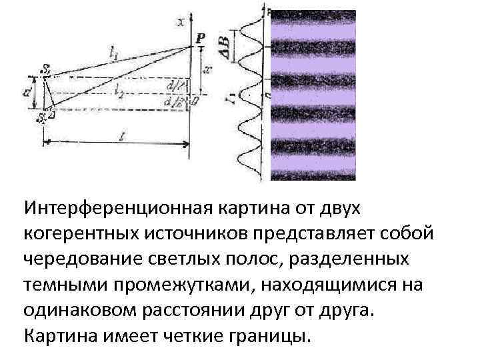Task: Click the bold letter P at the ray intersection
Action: pos(201,39)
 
